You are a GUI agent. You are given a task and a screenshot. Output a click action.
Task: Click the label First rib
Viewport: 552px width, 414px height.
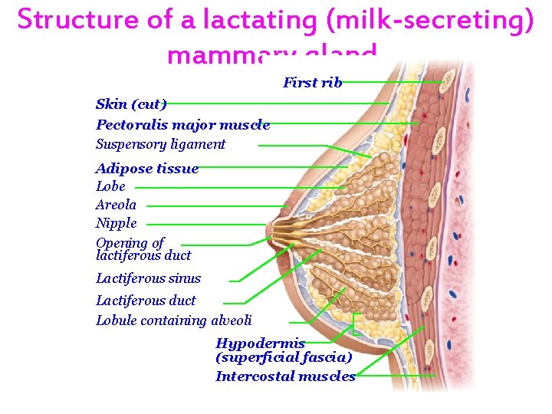pos(312,83)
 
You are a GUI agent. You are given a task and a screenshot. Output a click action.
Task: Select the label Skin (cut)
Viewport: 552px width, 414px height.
pos(131,104)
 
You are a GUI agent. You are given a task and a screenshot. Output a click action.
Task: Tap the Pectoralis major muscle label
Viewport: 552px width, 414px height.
pos(182,125)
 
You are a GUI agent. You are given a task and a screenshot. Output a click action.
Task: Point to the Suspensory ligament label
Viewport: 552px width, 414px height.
pos(160,144)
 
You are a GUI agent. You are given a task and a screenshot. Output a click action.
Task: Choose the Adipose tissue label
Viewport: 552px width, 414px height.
pos(146,169)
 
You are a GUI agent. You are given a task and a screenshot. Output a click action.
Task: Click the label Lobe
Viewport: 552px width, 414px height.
pos(110,186)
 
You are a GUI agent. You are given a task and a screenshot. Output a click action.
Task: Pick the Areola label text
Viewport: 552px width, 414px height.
pos(116,205)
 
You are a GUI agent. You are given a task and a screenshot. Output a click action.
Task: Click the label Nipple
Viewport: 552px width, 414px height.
pos(116,223)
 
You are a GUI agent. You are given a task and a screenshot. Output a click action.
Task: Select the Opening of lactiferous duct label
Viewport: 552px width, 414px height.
pos(143,249)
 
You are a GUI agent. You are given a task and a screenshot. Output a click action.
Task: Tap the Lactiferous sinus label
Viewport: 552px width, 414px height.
pos(148,278)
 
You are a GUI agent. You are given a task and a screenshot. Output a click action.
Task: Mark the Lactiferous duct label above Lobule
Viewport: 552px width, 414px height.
pos(145,301)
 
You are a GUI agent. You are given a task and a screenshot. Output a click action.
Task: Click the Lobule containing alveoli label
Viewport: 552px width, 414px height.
pos(173,320)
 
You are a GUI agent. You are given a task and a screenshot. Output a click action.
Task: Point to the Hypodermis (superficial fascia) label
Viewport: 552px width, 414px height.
pos(283,350)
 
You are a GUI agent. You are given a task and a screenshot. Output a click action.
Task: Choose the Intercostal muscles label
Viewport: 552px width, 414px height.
pos(285,376)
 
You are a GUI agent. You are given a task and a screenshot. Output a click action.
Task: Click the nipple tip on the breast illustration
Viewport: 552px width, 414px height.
pos(266,228)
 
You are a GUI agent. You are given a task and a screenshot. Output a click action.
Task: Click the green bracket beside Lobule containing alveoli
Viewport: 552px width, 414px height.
pos(356,323)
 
